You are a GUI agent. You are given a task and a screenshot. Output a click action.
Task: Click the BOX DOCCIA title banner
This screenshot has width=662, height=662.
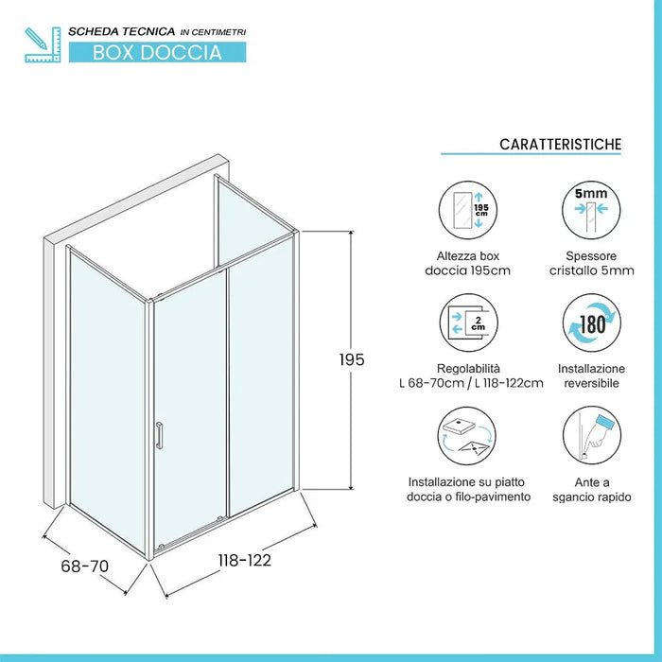tap(157, 52)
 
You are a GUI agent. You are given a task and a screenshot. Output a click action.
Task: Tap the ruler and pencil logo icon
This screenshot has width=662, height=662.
tap(43, 44)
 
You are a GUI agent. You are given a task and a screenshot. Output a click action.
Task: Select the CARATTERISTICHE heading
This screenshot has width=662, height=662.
tap(560, 144)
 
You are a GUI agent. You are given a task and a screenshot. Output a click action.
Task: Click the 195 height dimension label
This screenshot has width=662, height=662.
tap(352, 360)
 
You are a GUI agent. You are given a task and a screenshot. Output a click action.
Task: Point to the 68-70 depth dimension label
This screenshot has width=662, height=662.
tap(85, 566)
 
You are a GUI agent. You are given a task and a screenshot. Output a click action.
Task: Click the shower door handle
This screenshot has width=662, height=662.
tap(160, 435)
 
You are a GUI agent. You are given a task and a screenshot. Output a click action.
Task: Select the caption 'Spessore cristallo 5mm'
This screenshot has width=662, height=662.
tap(591, 264)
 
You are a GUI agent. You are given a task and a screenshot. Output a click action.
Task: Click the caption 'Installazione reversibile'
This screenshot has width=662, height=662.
tap(591, 375)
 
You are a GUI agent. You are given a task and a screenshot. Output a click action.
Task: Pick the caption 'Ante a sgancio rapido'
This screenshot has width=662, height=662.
tap(591, 489)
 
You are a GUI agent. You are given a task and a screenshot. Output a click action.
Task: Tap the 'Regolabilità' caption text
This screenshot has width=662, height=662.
tap(469, 368)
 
